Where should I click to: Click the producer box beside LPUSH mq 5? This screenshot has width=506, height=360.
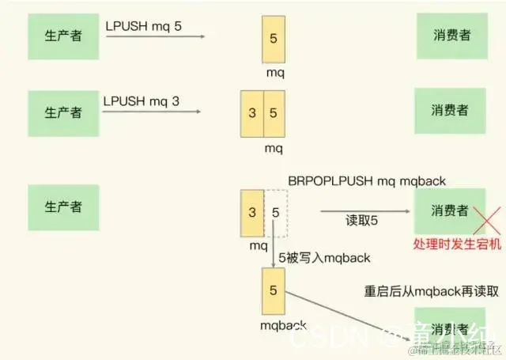click(x=62, y=36)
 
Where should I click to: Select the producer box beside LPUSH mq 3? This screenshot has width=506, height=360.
click(x=62, y=112)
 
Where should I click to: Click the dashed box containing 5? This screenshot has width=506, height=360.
click(x=276, y=212)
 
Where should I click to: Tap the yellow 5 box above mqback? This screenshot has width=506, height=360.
click(x=273, y=290)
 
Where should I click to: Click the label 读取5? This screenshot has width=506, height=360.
click(x=361, y=219)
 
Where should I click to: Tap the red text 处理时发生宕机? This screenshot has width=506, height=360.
click(x=458, y=244)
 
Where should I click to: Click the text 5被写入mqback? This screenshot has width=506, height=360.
click(x=325, y=258)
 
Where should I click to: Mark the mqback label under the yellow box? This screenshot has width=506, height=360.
click(x=277, y=324)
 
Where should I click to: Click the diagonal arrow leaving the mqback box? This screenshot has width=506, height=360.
click(x=340, y=316)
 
